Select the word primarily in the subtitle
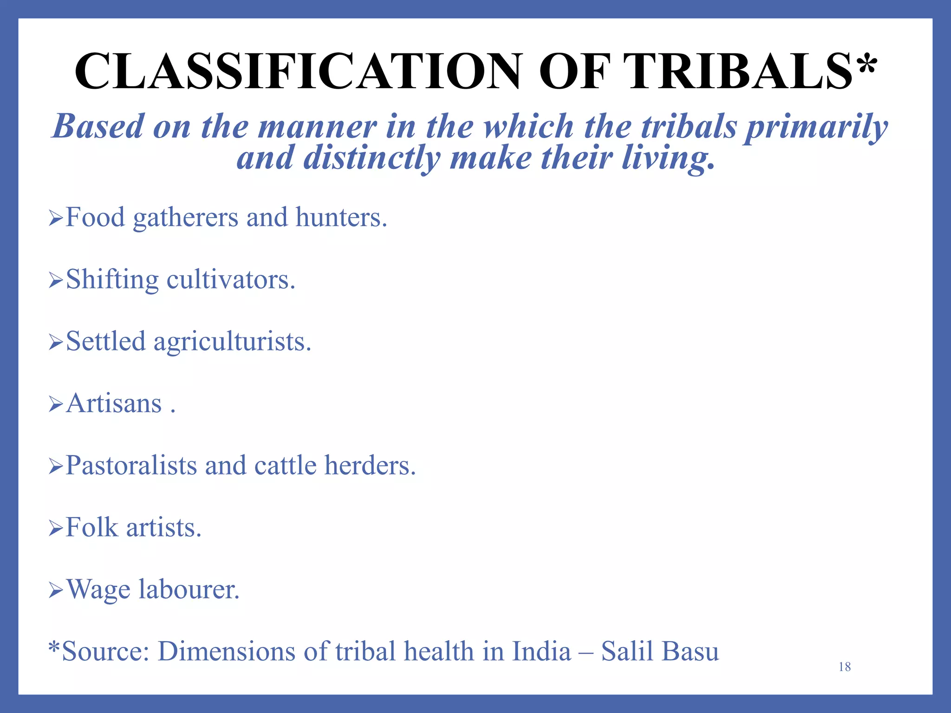tap(816, 127)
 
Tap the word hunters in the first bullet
tap(341, 217)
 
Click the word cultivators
tap(231, 280)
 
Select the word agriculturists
tap(232, 342)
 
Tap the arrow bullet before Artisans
tap(55, 404)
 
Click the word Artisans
tap(114, 403)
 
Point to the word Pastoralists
tap(131, 466)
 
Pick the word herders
tap(370, 466)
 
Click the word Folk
tap(92, 528)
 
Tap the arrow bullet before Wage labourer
tap(55, 590)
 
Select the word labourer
tap(189, 590)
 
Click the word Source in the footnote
tap(105, 651)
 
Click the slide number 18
tap(844, 667)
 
